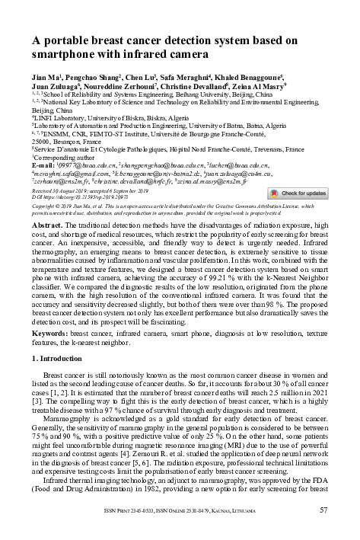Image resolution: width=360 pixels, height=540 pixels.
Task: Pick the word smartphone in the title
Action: click(x=68, y=56)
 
